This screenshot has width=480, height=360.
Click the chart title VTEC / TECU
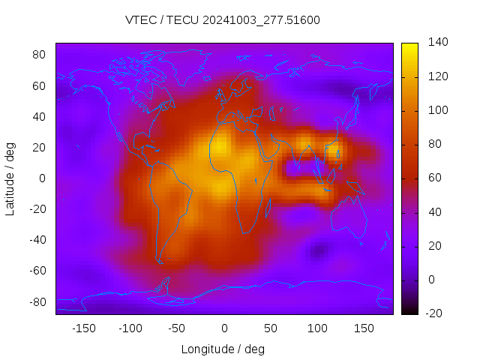click(223, 20)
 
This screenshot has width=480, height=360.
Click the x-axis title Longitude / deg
click(223, 349)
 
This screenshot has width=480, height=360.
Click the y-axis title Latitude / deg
click(10, 178)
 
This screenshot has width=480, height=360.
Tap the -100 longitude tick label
click(130, 328)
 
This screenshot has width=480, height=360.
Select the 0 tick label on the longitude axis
click(223, 328)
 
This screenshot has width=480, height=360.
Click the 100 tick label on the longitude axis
click(317, 328)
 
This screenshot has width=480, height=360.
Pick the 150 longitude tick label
click(364, 328)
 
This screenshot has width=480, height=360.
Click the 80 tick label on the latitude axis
click(40, 55)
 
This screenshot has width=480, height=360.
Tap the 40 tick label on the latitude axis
click(40, 116)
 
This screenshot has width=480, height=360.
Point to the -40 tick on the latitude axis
click(37, 240)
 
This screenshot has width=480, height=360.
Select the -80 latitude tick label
click(37, 301)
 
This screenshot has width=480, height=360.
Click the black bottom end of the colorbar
click(409, 311)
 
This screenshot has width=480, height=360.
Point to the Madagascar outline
click(268, 208)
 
